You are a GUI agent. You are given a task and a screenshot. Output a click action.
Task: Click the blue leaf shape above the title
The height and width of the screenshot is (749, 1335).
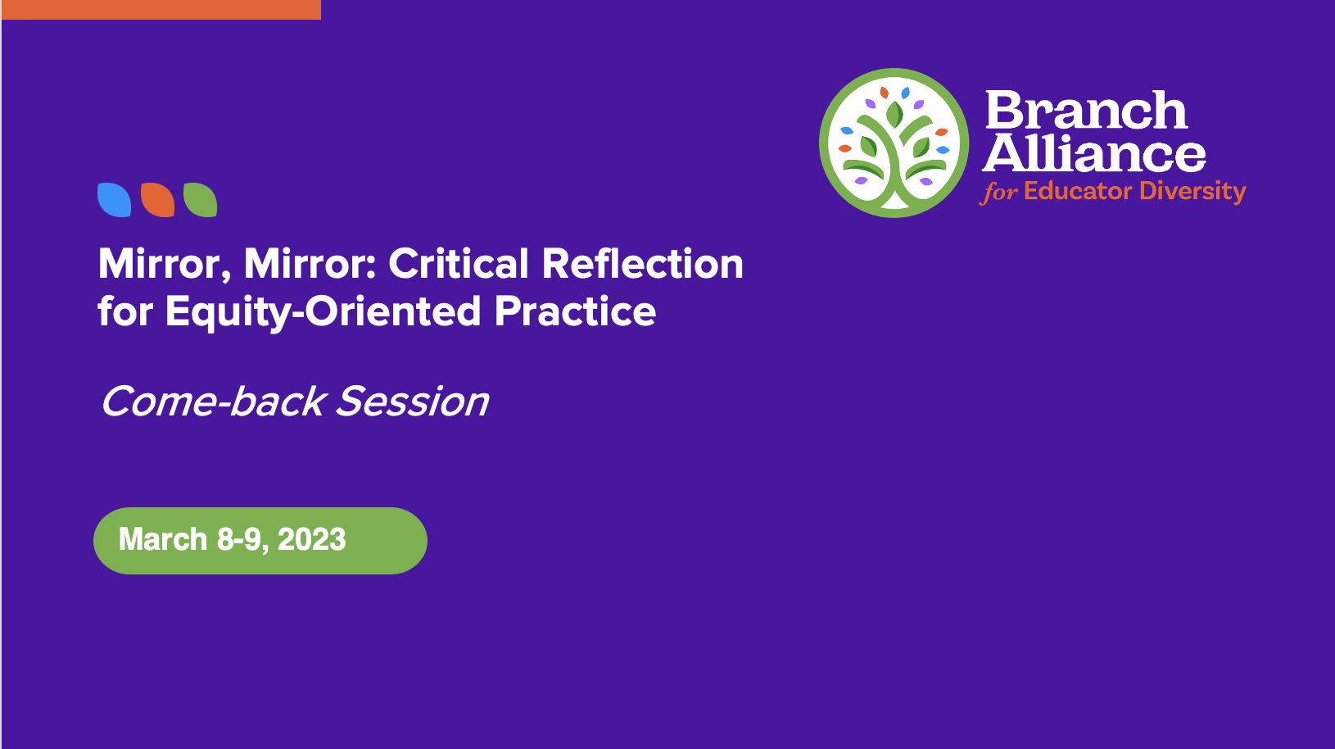114,200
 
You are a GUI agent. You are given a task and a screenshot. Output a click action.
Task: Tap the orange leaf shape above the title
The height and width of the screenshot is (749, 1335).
157,200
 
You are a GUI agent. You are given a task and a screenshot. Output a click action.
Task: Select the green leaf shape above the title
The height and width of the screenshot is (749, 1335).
200,200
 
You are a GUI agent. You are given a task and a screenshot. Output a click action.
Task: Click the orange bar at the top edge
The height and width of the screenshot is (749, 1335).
161,10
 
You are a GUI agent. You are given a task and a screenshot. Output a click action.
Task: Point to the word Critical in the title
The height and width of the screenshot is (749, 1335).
459,264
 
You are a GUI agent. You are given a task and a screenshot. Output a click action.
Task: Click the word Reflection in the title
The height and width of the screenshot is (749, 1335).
642,264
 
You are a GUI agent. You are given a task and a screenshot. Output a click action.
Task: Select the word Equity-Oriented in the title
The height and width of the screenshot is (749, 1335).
323,312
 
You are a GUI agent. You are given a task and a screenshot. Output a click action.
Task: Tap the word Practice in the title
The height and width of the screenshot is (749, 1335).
575,311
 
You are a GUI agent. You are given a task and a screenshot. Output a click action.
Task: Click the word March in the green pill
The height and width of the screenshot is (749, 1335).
163,540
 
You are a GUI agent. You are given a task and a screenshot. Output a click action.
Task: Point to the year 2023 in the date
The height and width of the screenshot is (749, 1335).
312,540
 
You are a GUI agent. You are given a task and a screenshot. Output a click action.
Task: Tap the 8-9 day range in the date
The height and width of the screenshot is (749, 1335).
240,540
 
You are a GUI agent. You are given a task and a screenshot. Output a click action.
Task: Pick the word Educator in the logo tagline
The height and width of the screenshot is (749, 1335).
1078,191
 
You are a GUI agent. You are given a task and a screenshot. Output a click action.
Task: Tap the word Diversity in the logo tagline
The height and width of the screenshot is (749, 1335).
1192,192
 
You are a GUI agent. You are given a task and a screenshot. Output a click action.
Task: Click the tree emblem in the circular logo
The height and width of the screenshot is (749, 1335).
894,143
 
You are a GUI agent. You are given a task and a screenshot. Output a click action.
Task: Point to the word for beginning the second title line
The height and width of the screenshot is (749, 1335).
125,311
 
